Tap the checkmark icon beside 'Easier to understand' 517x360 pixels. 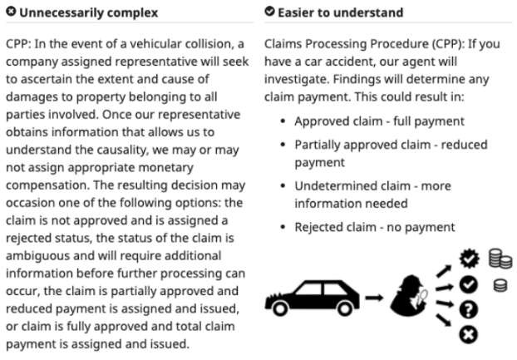click(x=268, y=12)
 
